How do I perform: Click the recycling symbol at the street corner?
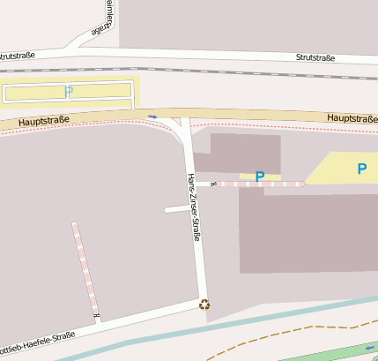point(205,305)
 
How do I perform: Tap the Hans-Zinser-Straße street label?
point(193,207)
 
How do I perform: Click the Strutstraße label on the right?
point(315,57)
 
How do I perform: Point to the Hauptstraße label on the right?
point(352,117)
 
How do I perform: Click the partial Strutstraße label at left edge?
point(18,55)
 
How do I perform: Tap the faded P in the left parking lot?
point(69,91)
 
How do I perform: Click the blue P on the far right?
point(361,169)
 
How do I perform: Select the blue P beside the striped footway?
point(259,177)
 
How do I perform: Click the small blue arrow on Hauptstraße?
point(153,117)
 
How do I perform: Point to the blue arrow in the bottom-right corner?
point(368,349)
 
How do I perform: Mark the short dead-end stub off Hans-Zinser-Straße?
point(176,209)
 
